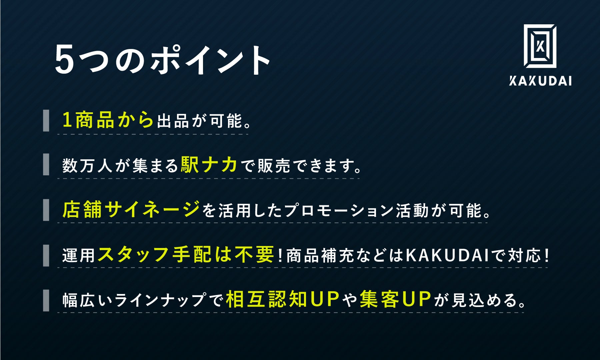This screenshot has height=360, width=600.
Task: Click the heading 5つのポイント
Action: click(x=162, y=60)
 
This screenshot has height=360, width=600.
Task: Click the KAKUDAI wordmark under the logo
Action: click(x=540, y=81)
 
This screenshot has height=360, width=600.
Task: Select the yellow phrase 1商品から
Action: click(x=108, y=120)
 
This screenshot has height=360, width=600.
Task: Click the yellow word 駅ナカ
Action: click(x=209, y=165)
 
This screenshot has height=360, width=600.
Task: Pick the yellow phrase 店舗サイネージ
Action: click(x=131, y=210)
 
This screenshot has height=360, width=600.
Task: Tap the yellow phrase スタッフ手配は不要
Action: click(x=185, y=255)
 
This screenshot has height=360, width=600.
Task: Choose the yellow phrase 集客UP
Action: click(x=395, y=299)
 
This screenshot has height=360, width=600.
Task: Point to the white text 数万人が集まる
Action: click(x=120, y=166)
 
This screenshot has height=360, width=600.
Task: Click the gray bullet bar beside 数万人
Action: click(x=46, y=165)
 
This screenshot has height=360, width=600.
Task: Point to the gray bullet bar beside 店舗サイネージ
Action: click(x=46, y=210)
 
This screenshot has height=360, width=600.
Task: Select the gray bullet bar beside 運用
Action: click(x=46, y=255)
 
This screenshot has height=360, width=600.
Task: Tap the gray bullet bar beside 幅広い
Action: click(x=46, y=300)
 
